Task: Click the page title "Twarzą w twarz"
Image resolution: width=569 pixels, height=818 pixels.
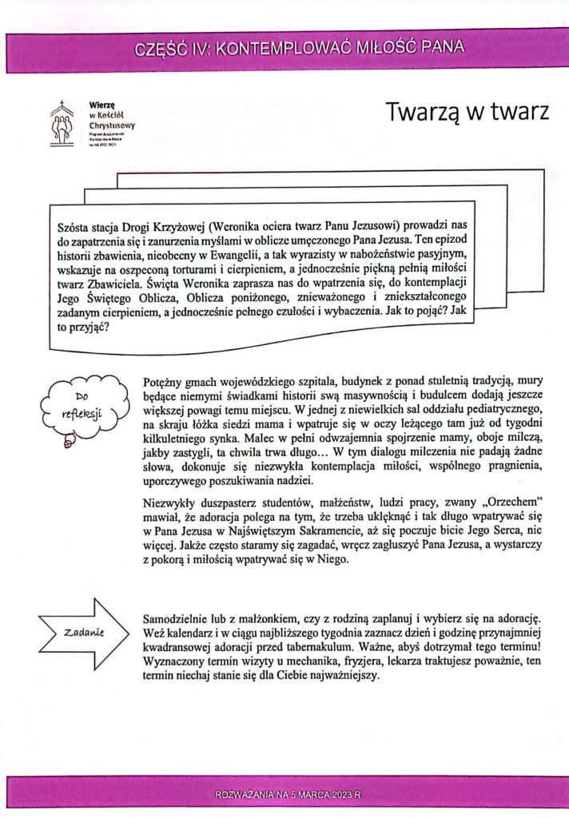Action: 468,113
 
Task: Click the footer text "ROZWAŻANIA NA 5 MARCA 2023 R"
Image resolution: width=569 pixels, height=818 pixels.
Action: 288,795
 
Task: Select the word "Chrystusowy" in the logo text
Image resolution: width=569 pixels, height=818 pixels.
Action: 112,126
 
